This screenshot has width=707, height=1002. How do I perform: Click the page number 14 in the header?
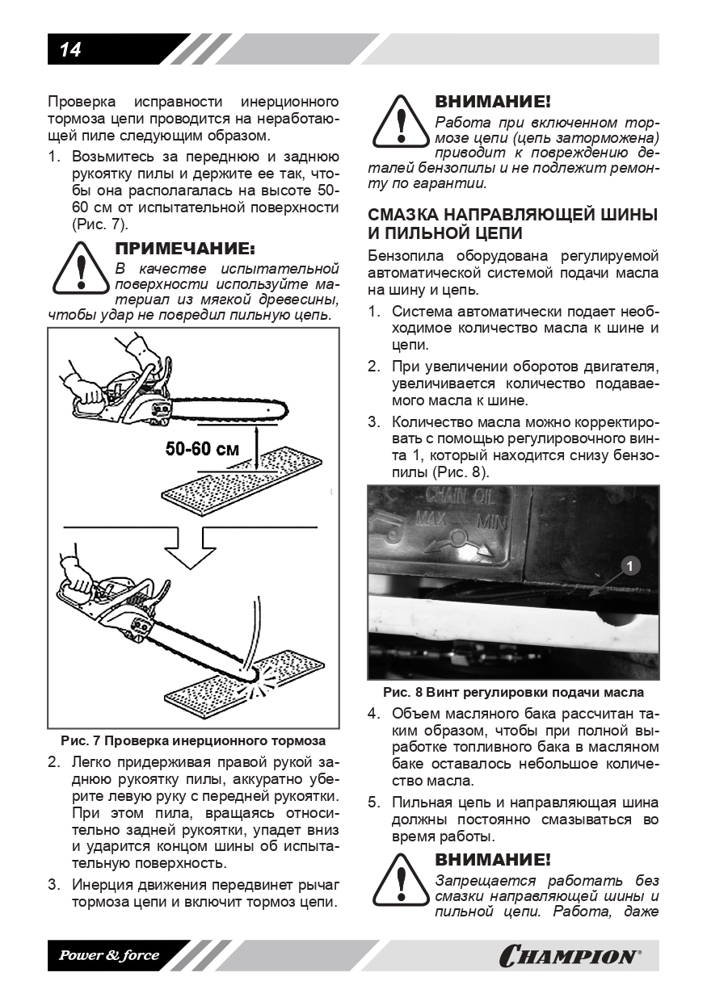click(x=70, y=50)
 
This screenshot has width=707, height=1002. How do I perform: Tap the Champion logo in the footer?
click(x=570, y=956)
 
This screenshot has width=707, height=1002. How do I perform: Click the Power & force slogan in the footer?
click(x=108, y=956)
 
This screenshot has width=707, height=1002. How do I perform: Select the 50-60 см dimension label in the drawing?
click(x=202, y=449)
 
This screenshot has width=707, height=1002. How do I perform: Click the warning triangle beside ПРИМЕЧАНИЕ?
click(x=79, y=267)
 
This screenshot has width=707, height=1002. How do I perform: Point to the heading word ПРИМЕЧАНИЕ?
click(x=185, y=246)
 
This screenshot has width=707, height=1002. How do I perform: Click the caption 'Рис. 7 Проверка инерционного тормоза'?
click(x=193, y=740)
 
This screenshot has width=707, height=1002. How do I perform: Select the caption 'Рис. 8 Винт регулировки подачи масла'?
click(x=513, y=693)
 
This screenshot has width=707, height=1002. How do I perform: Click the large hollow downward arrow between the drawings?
click(x=191, y=550)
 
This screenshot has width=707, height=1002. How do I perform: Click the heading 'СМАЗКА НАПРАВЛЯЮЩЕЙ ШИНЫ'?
click(x=512, y=215)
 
